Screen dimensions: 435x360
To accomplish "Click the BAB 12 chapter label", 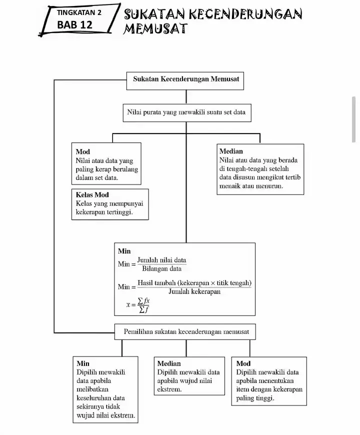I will tap(74, 24).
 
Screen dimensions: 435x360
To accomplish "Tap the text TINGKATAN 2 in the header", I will tap(78, 12).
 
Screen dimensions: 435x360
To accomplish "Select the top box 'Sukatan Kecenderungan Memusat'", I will tap(185, 79).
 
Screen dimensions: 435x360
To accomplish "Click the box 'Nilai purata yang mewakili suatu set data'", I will tap(186, 112).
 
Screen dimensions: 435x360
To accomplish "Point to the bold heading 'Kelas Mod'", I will tap(92, 194).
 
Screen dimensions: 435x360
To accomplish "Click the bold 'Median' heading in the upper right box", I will tap(231, 151).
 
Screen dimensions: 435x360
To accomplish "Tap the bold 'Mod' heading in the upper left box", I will tap(82, 151).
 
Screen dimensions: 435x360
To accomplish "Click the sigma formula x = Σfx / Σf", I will tap(138, 304).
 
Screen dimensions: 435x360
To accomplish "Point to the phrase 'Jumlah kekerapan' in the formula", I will tap(194, 291).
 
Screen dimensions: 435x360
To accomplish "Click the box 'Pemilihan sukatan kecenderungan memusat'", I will tap(185, 331).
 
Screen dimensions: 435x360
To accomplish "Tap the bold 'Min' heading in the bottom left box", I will tap(83, 363).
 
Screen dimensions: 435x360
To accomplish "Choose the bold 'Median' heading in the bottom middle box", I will tap(169, 363).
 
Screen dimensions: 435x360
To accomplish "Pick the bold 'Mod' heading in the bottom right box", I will tap(243, 363).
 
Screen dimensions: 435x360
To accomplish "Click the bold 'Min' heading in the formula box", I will tap(124, 251).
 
